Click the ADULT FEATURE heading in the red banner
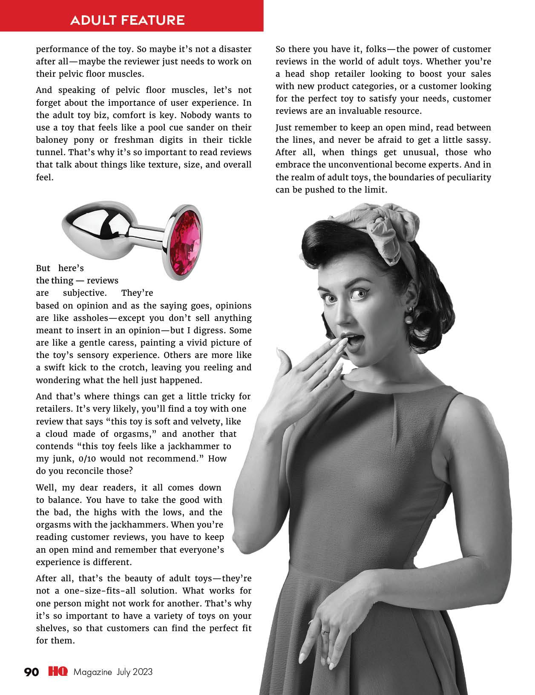(x=127, y=20)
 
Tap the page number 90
(x=32, y=672)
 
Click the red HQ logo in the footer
(x=58, y=672)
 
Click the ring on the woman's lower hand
(x=325, y=632)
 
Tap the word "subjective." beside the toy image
(x=85, y=293)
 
